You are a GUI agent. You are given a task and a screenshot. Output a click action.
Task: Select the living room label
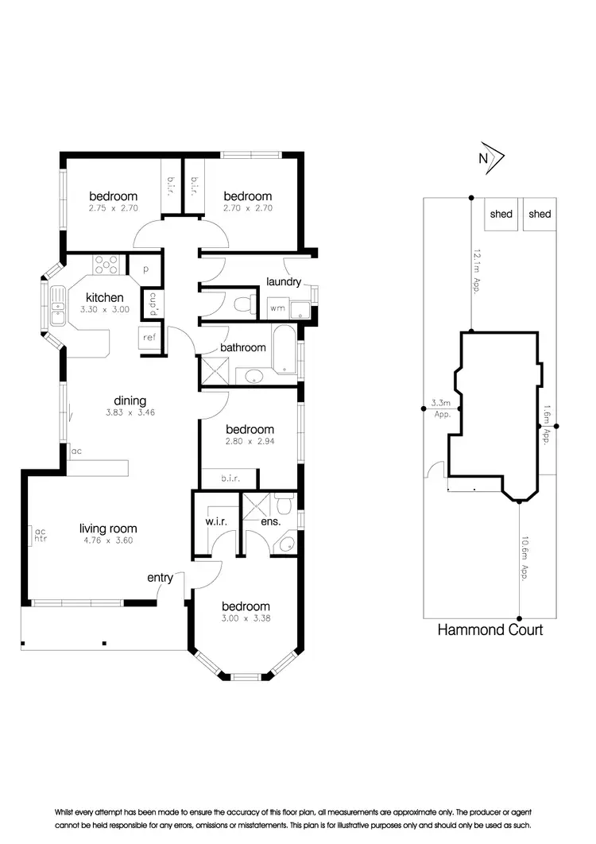tap(108, 528)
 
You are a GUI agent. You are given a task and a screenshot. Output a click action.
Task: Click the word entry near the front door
tap(160, 578)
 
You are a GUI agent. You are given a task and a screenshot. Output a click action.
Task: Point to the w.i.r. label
tap(214, 521)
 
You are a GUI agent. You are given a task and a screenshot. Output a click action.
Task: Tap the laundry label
tap(283, 281)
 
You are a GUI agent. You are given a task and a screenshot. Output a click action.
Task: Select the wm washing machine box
tap(278, 307)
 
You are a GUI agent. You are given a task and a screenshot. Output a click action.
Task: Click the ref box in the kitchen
tap(149, 337)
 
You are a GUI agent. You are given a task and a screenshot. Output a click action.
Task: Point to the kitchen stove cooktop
tap(106, 263)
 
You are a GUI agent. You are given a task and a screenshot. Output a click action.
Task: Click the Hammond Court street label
tap(490, 629)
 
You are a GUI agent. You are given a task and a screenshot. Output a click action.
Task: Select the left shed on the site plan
tap(501, 215)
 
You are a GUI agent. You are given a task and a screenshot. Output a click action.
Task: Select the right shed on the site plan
tap(540, 215)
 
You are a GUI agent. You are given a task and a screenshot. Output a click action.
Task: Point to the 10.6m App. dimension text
tap(525, 560)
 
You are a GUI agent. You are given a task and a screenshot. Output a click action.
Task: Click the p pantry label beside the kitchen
tap(146, 269)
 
